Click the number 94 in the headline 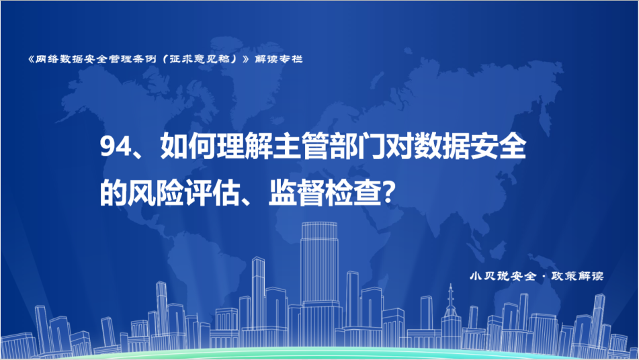pos(114,146)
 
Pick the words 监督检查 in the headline pos(325,193)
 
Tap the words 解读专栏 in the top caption pos(279,59)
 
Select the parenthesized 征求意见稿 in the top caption pos(200,59)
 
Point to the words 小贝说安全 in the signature pos(503,276)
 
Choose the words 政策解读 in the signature pos(577,276)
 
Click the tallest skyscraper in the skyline pos(319,264)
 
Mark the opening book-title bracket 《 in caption pos(31,59)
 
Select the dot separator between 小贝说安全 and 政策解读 pos(544,277)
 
